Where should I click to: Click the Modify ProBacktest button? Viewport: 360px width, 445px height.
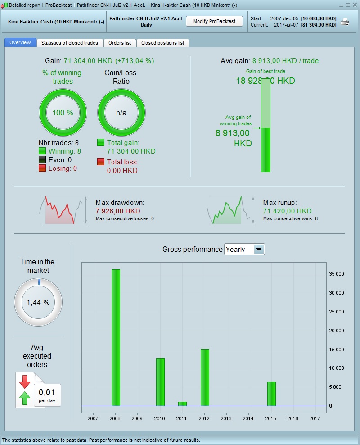[x=214, y=21]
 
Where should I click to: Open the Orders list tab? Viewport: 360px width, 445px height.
[x=120, y=43]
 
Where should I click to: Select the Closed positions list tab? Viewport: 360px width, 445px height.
[x=162, y=43]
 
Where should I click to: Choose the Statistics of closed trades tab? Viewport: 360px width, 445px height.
[x=70, y=43]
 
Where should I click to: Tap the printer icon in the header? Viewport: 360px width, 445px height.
[x=345, y=22]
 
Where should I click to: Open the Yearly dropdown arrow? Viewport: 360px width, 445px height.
[x=259, y=250]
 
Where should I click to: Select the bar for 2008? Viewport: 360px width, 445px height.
[x=116, y=337]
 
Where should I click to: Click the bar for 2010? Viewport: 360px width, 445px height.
[x=160, y=381]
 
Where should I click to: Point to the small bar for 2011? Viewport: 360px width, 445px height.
[x=182, y=404]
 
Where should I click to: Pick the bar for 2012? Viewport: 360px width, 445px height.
[x=205, y=377]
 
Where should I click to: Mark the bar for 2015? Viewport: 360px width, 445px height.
[x=271, y=394]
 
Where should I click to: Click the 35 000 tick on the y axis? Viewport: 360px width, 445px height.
[x=337, y=274]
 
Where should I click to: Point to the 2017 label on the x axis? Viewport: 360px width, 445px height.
[x=315, y=419]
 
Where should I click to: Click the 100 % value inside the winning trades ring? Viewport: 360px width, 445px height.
[x=63, y=113]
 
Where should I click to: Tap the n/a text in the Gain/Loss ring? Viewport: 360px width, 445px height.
[x=121, y=113]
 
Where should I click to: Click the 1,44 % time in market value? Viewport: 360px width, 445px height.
[x=38, y=302]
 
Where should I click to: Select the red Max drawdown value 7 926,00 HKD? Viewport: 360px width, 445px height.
[x=118, y=211]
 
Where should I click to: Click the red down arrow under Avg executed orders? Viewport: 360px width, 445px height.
[x=25, y=381]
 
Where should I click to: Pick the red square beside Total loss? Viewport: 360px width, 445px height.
[x=101, y=162]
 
